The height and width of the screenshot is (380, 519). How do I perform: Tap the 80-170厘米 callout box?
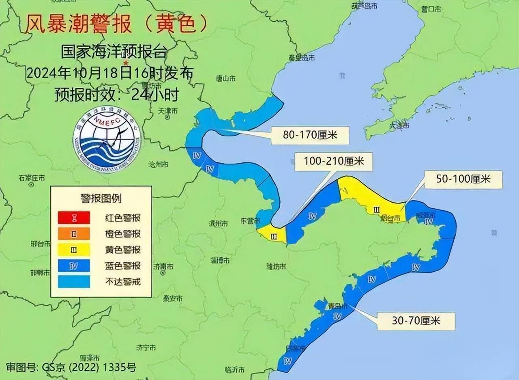pos(310,134)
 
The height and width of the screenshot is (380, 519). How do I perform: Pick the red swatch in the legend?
pos(74,218)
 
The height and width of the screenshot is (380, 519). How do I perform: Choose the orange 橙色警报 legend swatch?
pos(74,234)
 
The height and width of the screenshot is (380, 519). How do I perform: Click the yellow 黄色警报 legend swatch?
pos(74,250)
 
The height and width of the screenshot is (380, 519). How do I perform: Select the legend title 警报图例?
pos(101,199)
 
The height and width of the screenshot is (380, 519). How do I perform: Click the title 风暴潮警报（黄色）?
pos(117,24)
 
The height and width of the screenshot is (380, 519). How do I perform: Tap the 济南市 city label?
pos(163,267)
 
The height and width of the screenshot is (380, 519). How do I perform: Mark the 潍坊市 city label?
pos(276,266)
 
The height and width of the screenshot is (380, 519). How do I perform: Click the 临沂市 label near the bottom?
pos(234,369)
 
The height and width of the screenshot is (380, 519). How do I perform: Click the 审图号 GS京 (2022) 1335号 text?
pos(69,368)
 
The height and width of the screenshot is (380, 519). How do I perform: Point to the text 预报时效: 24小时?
pos(117,95)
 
